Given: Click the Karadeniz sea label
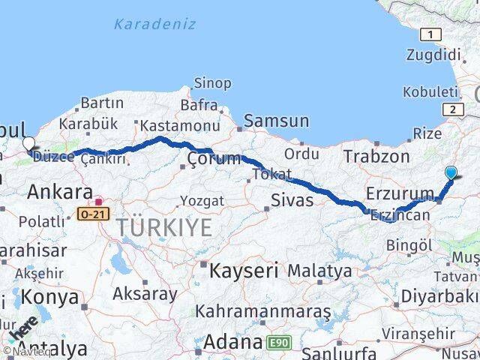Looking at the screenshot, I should [x=155, y=24].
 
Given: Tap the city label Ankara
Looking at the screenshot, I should [x=60, y=192].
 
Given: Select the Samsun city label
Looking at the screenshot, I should [x=276, y=121].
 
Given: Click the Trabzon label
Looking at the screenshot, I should [x=376, y=157].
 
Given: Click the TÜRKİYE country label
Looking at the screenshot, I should [x=164, y=227].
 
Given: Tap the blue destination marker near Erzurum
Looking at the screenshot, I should [x=451, y=173].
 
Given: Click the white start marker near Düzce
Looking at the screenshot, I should [x=28, y=143].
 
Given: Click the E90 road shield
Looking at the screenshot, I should [x=278, y=343].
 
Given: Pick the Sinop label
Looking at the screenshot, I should [x=212, y=83].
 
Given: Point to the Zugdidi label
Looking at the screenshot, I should [x=433, y=55].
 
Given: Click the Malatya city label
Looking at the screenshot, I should [x=319, y=270].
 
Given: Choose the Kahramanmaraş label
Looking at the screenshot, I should [x=263, y=310].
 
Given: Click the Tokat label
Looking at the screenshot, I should [x=271, y=173].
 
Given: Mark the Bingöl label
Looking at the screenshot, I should [x=410, y=244].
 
